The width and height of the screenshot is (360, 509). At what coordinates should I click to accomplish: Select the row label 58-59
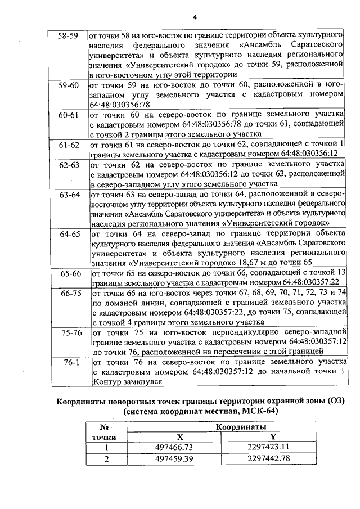(69, 35)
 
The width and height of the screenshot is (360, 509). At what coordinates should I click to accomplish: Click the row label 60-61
(69, 114)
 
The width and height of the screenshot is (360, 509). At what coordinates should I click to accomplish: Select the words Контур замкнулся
(127, 381)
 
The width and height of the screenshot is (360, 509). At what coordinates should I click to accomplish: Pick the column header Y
(272, 437)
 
